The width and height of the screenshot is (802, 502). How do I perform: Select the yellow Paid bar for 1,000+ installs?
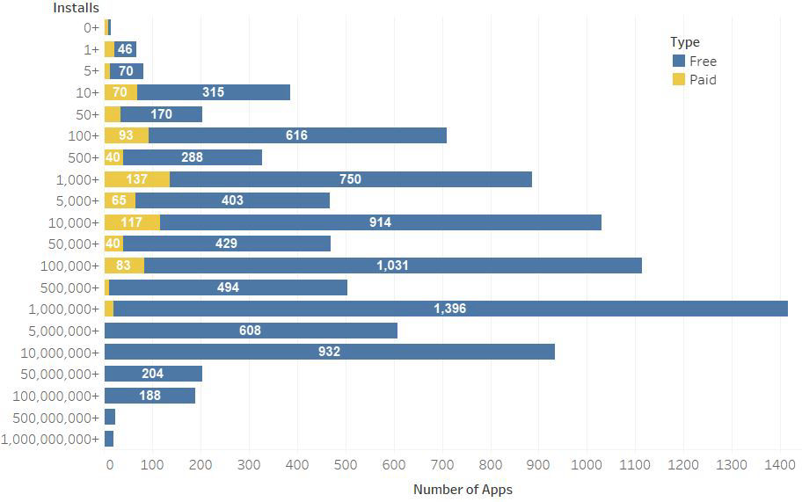pos(136,179)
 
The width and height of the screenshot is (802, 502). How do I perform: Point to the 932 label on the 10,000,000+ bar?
pos(329,352)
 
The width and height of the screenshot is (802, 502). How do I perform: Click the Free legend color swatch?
pos(678,62)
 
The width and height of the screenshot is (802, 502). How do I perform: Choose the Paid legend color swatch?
pos(678,80)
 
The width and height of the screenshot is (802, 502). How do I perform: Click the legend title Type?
pos(684,42)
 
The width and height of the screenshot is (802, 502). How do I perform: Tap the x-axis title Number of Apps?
pos(463,489)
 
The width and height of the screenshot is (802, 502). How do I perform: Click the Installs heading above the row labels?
pos(76,8)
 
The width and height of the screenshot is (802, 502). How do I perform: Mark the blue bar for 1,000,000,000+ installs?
pos(109,439)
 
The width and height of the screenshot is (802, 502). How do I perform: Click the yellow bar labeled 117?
pos(132,222)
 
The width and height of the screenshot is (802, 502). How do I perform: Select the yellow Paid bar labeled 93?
pos(126,135)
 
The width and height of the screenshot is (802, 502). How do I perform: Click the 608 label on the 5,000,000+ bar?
pos(250,331)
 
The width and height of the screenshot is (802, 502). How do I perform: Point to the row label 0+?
pos(91,27)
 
